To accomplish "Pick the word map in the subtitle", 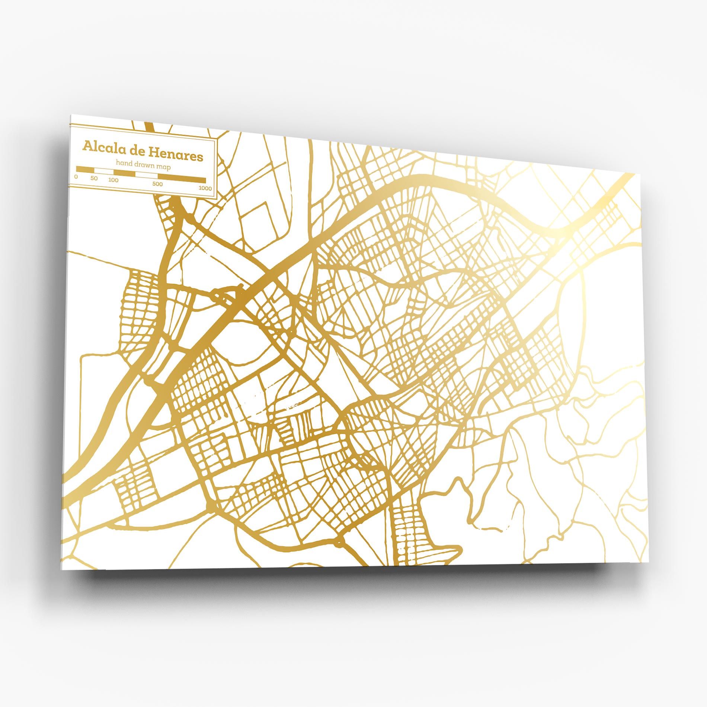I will (164, 167).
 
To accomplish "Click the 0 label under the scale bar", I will (76, 177).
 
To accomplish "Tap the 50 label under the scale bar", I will (94, 179).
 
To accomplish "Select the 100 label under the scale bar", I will (113, 180).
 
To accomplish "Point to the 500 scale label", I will (157, 184).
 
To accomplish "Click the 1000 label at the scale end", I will (205, 188).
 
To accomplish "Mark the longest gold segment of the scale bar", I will (182, 179).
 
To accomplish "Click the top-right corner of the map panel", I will (634, 174).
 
